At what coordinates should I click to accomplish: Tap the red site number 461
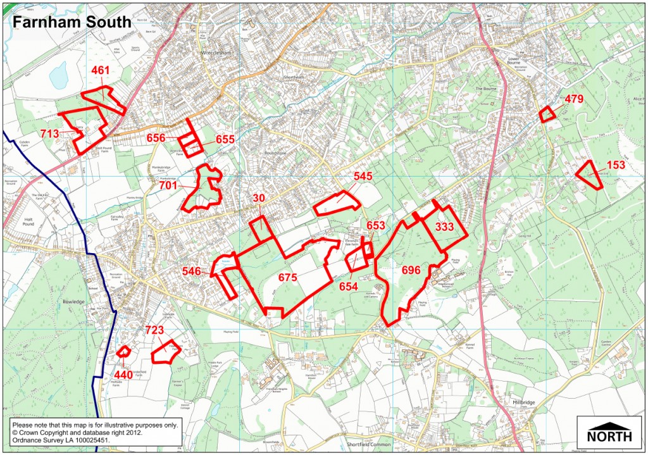pyautogui.click(x=100, y=70)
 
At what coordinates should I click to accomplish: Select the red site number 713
pyautogui.click(x=49, y=134)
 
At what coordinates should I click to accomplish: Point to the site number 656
pyautogui.click(x=156, y=137)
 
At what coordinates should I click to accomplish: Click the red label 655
pyautogui.click(x=225, y=139)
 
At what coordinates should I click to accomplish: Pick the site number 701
pyautogui.click(x=168, y=185)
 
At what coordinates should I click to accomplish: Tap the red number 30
pyautogui.click(x=258, y=198)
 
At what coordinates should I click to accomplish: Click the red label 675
pyautogui.click(x=287, y=277)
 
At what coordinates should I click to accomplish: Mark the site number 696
pyautogui.click(x=411, y=270)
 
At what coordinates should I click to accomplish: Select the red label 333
pyautogui.click(x=444, y=227)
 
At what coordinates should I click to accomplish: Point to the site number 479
pyautogui.click(x=573, y=99)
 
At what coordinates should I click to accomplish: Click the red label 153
pyautogui.click(x=616, y=165)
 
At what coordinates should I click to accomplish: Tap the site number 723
pyautogui.click(x=155, y=330)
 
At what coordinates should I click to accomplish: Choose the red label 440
pyautogui.click(x=123, y=375)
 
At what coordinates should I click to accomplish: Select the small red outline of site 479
pyautogui.click(x=546, y=115)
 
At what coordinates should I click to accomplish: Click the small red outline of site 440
pyautogui.click(x=123, y=351)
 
